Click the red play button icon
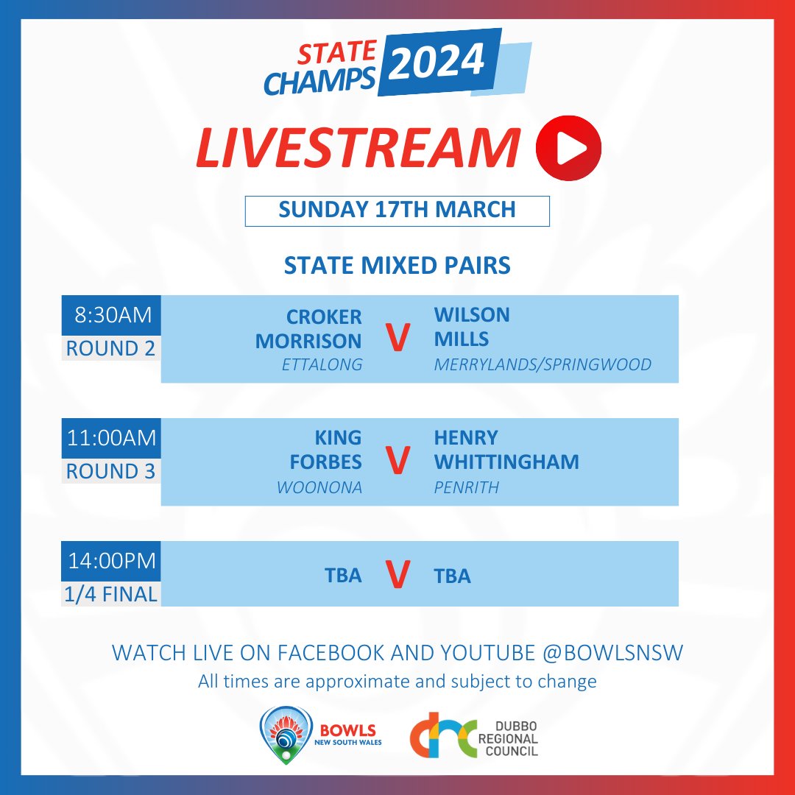(569, 148)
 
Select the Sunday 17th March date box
(397, 210)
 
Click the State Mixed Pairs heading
(397, 265)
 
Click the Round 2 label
(111, 348)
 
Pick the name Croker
(324, 317)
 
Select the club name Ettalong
(322, 364)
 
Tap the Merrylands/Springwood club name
(543, 364)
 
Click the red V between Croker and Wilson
(397, 340)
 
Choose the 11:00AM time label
(111, 439)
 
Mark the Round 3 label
(111, 471)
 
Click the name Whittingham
(506, 462)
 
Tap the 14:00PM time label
(111, 561)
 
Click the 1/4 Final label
(111, 593)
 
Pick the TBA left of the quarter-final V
(343, 576)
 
